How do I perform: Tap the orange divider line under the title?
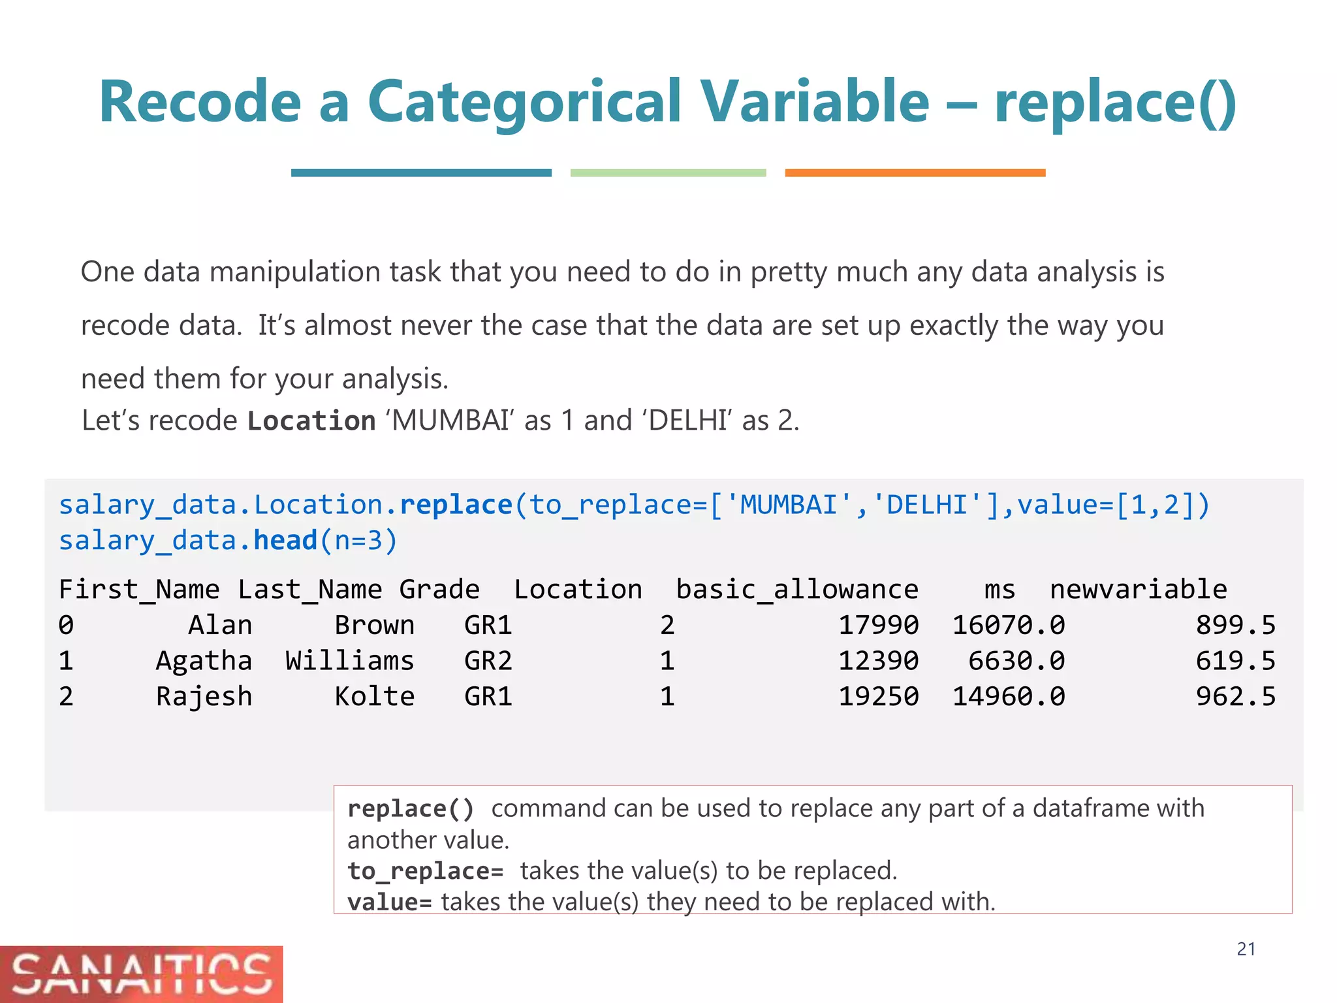coord(915,173)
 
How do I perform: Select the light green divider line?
coord(668,173)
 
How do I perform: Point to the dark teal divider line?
coord(421,173)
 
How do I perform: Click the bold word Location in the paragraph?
coord(311,421)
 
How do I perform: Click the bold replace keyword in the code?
coord(456,505)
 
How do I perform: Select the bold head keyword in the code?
coord(285,541)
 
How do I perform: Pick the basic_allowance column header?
coord(796,590)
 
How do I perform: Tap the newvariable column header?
coord(1138,590)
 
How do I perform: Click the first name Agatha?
coord(204,661)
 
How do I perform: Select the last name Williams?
coord(350,661)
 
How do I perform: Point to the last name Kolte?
coord(375,697)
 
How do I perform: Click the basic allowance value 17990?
coord(878,626)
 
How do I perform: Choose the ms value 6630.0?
coord(1016,661)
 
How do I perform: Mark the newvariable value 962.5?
coord(1235,697)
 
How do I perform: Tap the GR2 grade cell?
coord(488,661)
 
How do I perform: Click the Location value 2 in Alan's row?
coord(667,626)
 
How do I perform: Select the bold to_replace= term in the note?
coord(425,871)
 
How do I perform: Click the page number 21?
coord(1246,949)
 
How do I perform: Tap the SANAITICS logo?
coord(141,974)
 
